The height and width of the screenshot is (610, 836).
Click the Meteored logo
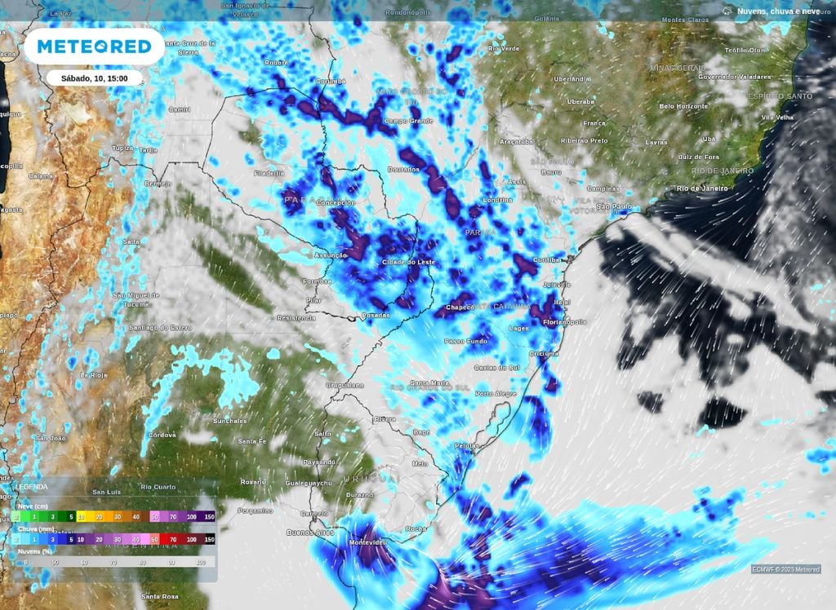click(94, 46)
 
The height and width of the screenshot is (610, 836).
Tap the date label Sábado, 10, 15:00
click(94, 78)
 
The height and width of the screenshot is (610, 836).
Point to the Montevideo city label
click(365, 542)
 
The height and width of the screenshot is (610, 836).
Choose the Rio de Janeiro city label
click(701, 188)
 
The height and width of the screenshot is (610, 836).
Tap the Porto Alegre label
click(496, 394)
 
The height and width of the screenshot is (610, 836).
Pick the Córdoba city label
click(162, 435)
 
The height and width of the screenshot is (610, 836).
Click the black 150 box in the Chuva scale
click(210, 539)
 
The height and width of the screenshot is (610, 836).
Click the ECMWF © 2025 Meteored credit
click(786, 568)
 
